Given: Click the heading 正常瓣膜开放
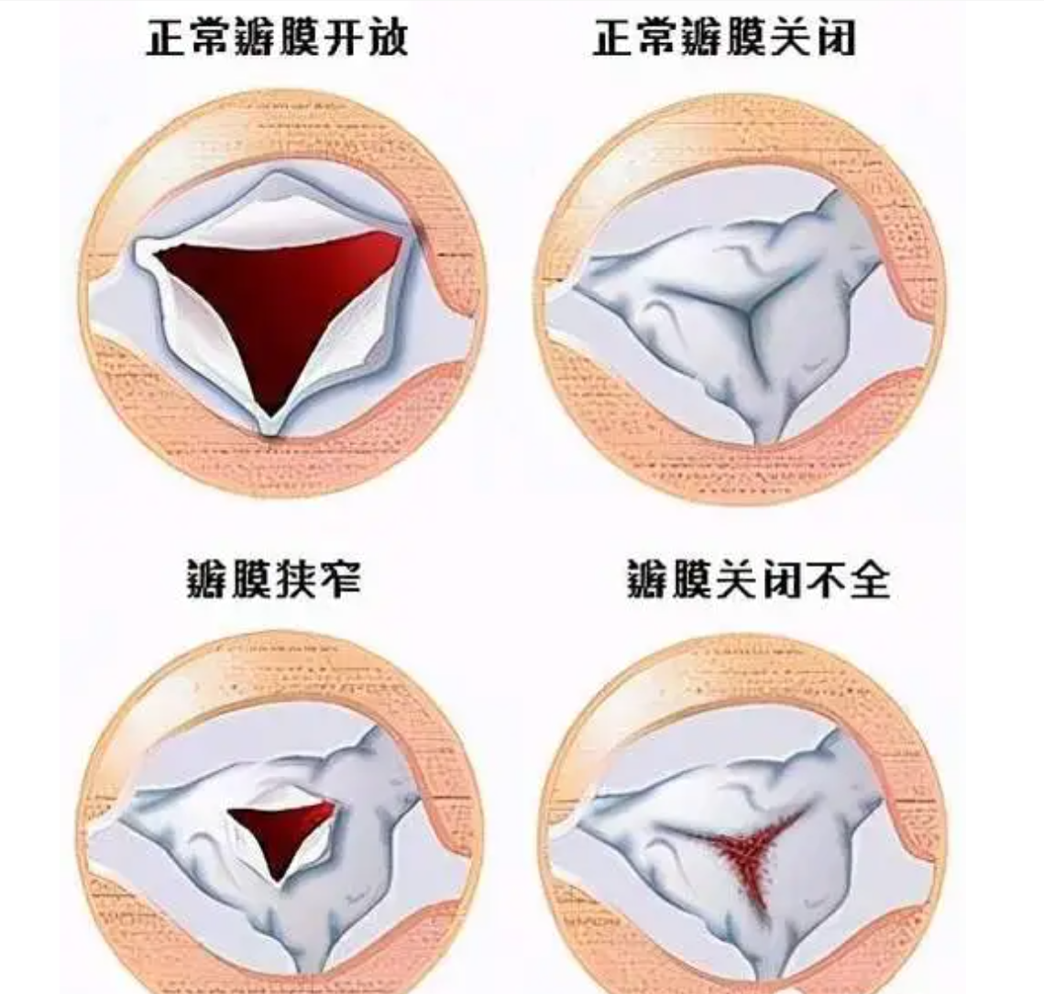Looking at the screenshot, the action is coord(276,38).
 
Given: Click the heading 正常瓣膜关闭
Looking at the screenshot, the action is coord(724,38).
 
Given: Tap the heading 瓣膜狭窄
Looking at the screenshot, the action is coord(274,579).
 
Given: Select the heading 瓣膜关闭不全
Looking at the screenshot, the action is coord(758,579).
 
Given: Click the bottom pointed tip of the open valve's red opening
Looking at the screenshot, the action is coord(269,418).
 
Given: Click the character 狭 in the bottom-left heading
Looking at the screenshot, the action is coord(296,579).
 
